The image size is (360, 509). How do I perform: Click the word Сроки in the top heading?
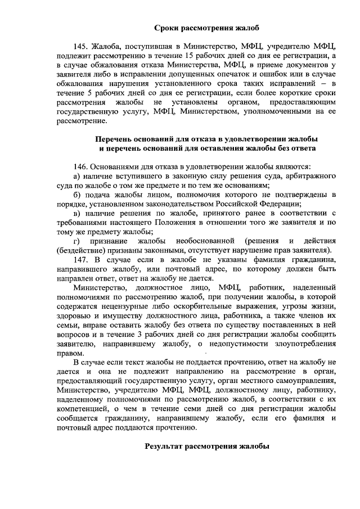tap(167, 27)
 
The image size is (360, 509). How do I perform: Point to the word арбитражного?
tap(309, 176)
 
